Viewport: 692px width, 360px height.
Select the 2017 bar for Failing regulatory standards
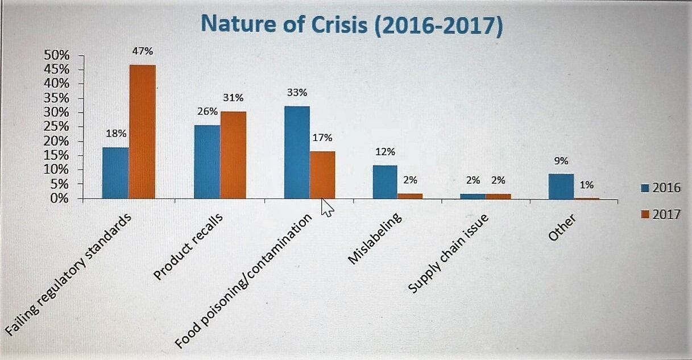point(142,132)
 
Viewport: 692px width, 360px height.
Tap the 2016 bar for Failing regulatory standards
point(115,173)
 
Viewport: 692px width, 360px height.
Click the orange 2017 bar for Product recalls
point(233,155)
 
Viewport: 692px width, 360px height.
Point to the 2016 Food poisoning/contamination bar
point(297,152)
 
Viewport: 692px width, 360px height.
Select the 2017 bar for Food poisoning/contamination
point(322,175)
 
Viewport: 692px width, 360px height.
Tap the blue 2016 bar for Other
point(561,186)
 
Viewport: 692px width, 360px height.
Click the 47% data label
point(142,51)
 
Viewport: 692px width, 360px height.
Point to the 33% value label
point(297,93)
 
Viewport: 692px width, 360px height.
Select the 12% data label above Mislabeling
point(385,152)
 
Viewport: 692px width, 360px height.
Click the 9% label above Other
point(561,161)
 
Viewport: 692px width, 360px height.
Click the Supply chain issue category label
point(449,254)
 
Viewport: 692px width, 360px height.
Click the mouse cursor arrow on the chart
point(328,207)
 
